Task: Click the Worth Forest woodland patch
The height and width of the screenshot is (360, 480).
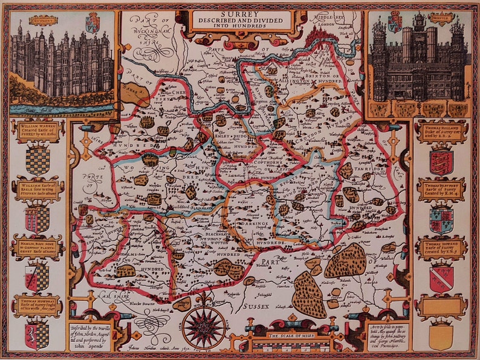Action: coord(345,260)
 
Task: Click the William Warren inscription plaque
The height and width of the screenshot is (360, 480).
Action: coord(37,130)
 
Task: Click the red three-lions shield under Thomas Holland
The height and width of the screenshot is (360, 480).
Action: coord(441,161)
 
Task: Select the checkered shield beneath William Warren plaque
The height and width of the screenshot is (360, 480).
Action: coord(37,159)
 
